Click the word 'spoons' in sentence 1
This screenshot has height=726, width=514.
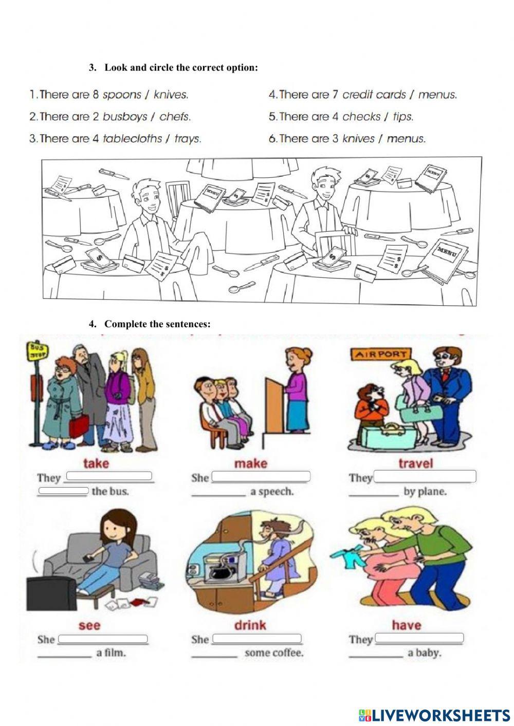click(x=122, y=95)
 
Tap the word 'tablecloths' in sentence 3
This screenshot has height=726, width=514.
click(x=132, y=139)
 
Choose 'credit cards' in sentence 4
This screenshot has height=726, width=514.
click(x=374, y=95)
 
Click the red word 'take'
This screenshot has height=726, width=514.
click(x=96, y=463)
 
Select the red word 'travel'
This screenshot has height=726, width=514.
click(x=416, y=463)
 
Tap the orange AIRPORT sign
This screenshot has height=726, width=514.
click(x=381, y=354)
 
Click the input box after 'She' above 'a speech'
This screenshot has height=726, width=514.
click(x=261, y=476)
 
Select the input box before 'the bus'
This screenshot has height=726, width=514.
click(x=63, y=490)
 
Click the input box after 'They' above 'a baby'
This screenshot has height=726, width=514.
click(x=419, y=638)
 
